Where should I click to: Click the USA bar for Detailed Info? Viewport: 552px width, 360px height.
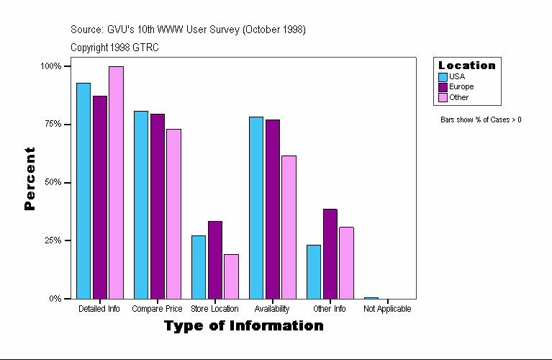[83, 191]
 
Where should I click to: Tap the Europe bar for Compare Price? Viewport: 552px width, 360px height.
[158, 206]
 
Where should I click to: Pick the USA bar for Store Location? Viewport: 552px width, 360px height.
[199, 267]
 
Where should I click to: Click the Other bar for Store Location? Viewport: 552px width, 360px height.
[231, 276]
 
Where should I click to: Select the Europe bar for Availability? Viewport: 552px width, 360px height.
[273, 209]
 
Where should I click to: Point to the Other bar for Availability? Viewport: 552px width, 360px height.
[289, 227]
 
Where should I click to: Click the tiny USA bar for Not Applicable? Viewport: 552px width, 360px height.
[371, 297]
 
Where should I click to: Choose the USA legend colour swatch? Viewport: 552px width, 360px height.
[443, 76]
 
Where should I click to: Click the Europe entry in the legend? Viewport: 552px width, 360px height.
[461, 86]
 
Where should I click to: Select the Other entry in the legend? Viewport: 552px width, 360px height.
[458, 97]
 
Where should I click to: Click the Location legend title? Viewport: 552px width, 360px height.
[467, 66]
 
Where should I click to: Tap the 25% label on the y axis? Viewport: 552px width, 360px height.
[53, 240]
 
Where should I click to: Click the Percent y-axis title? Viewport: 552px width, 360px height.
[30, 179]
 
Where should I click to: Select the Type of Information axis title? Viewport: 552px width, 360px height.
[244, 326]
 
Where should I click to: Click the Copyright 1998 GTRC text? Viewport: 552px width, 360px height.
[114, 48]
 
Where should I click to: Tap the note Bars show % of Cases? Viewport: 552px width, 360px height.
[481, 120]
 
